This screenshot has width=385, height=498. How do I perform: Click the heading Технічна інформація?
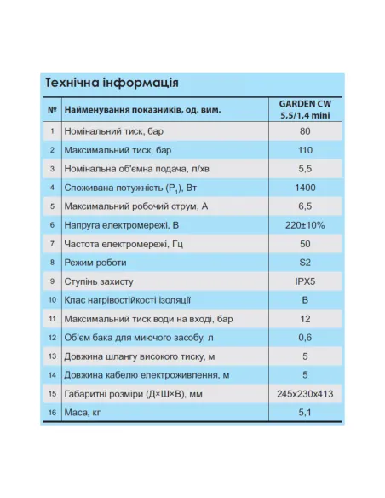111,84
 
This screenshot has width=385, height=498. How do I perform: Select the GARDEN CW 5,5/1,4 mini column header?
305,111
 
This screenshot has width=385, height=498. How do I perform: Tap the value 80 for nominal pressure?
305,131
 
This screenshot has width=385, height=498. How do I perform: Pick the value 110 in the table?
305,150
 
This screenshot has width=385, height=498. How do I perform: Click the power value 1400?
305,188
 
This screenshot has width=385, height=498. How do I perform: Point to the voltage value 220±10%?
305,225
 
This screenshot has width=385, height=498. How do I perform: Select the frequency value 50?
305,244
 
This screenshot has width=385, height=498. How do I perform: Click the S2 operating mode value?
305,263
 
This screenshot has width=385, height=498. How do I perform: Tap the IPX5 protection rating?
305,281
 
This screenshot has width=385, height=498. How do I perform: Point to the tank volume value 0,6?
305,337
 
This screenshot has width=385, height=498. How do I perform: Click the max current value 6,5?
305,206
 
